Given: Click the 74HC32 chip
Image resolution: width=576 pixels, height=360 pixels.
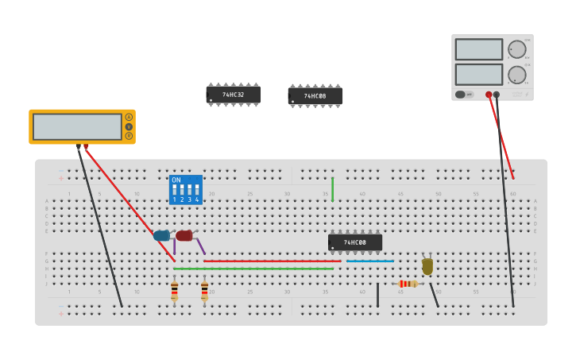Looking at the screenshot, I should (x=234, y=95).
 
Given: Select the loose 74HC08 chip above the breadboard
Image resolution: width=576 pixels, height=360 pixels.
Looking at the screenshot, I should (x=315, y=96).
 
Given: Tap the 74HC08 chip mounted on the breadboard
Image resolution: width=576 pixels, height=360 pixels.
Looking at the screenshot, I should (x=355, y=242).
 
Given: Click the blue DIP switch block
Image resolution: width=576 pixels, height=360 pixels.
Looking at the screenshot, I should (x=186, y=190).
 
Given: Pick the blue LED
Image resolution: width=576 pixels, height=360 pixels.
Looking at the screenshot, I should (x=162, y=235).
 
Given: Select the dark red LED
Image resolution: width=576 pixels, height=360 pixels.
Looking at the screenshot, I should (x=184, y=235).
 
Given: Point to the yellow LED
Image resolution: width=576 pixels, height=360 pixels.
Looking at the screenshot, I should (x=427, y=266).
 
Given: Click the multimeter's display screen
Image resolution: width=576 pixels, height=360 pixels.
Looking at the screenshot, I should (x=77, y=127).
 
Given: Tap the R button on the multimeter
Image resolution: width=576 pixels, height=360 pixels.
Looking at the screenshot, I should (x=129, y=136).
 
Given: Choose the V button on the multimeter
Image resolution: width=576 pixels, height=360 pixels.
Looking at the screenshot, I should (x=129, y=126).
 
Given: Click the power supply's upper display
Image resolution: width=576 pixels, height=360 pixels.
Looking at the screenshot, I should (x=478, y=49).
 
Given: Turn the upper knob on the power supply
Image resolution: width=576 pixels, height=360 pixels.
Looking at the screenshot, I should (x=517, y=49).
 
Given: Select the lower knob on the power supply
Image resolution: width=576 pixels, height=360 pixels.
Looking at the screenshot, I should (x=517, y=75).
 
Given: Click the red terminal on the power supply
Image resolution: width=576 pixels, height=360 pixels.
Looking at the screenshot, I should (x=489, y=95).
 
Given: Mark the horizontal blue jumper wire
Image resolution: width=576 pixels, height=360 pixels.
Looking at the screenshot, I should (x=370, y=261).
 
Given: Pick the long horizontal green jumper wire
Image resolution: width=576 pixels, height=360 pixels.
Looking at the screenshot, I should (x=253, y=269).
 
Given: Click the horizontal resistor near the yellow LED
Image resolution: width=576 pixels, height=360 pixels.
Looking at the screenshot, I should (x=408, y=284).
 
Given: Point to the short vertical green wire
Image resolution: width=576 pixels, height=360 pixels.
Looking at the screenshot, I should (x=332, y=189).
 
